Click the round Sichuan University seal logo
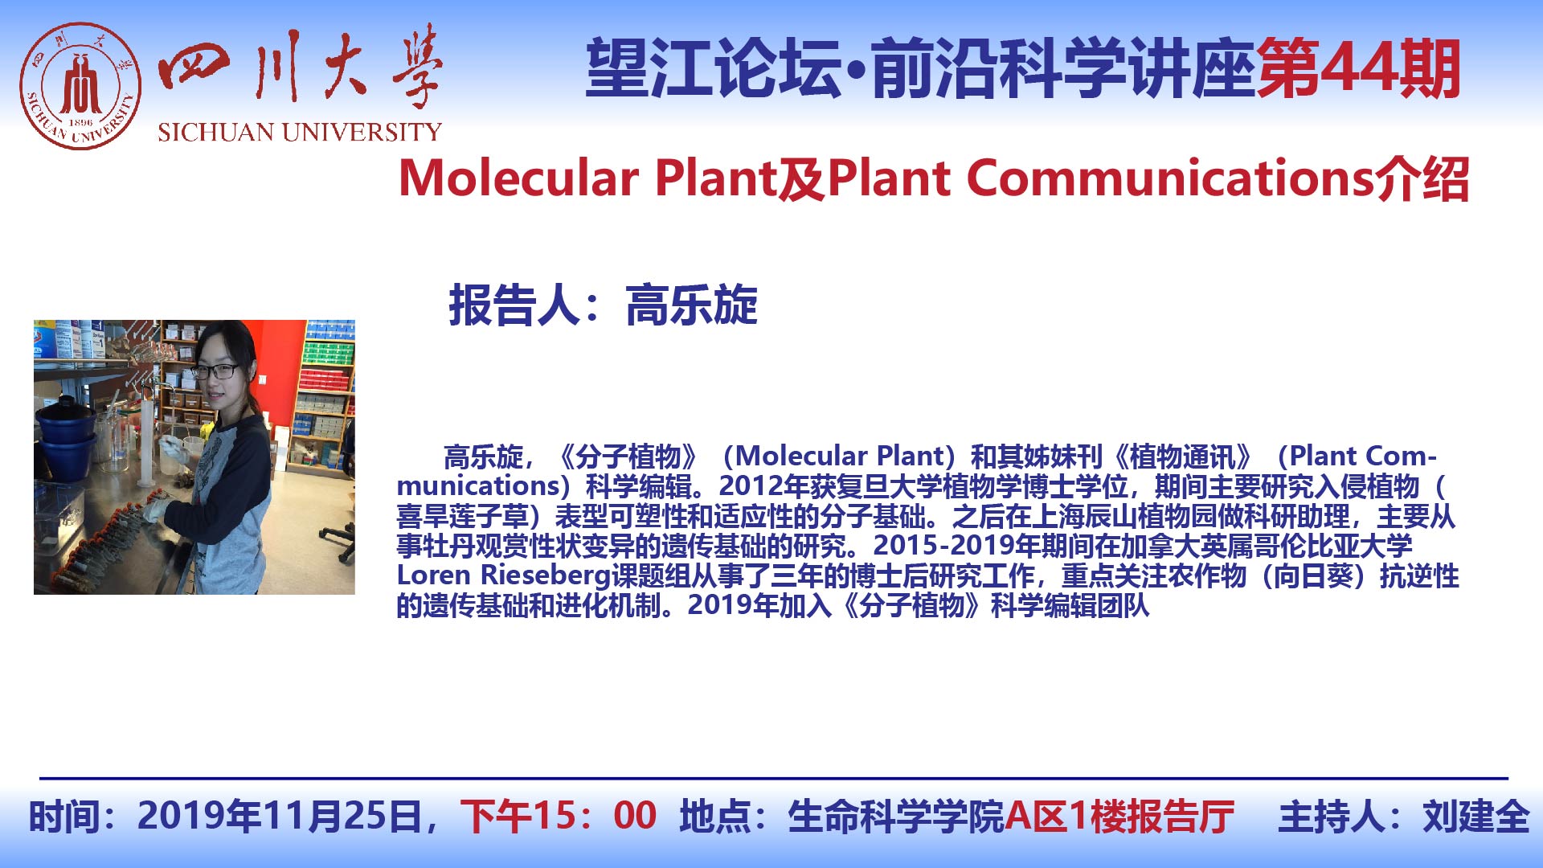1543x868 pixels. tap(80, 86)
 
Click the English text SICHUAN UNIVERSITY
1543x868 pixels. tap(300, 133)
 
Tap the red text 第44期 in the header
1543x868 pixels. tap(1358, 69)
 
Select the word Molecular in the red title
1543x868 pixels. tap(519, 178)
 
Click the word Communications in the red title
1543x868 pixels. tap(1170, 178)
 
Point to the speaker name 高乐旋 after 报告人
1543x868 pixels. tap(691, 305)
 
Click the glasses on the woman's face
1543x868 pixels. tap(215, 371)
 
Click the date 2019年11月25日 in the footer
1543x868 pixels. tap(280, 816)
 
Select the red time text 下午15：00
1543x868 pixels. tap(559, 816)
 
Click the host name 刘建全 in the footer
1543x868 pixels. tap(1476, 816)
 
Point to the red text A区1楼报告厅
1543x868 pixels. tap(1119, 816)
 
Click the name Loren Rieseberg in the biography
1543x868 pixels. tap(504, 575)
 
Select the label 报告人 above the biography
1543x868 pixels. tap(514, 305)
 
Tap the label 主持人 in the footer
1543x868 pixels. tap(1331, 816)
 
